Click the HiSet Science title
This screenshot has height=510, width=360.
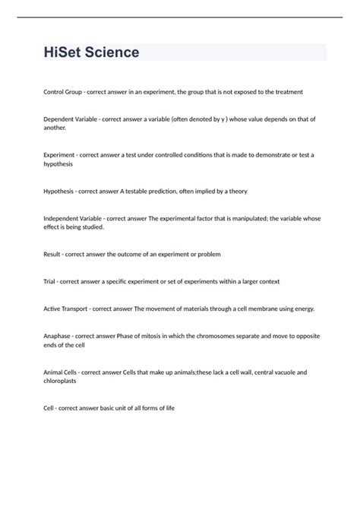(x=92, y=52)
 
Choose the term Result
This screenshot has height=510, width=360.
(x=53, y=254)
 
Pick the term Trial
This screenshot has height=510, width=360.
(x=51, y=281)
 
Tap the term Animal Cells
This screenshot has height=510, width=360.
(x=61, y=372)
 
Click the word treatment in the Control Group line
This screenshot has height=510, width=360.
(x=288, y=92)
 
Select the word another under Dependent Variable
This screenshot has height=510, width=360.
(x=55, y=128)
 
